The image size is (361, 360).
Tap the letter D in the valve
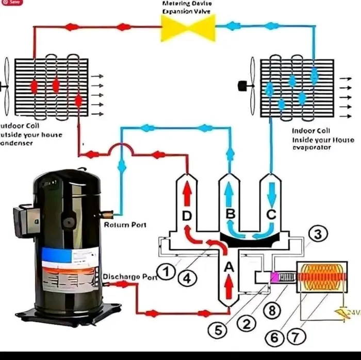point(188,214)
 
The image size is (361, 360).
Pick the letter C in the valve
point(271,213)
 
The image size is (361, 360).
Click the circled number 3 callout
point(318,234)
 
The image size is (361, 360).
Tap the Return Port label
point(125,225)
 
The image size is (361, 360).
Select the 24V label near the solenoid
point(352,312)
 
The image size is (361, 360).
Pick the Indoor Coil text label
point(311,131)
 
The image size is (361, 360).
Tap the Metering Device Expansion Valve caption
point(187,7)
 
